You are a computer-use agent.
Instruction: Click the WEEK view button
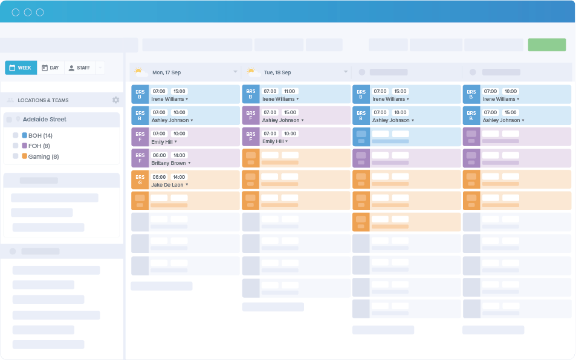[x=21, y=68]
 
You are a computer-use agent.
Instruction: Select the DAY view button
[x=50, y=68]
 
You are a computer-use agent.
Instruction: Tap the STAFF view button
[x=79, y=68]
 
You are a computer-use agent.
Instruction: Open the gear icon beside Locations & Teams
[x=115, y=100]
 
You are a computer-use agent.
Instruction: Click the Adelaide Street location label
[x=44, y=120]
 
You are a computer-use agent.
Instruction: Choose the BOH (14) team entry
[x=40, y=135]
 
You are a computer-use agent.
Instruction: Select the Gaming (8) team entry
[x=43, y=156]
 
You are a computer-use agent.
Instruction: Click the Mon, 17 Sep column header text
[x=166, y=72]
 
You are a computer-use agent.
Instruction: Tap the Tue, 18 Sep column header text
[x=277, y=72]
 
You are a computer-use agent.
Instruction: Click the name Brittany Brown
[x=169, y=163]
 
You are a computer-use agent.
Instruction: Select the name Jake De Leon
[x=167, y=185]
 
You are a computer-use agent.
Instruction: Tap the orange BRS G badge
[x=140, y=180]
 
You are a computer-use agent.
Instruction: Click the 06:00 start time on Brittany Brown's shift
[x=159, y=155]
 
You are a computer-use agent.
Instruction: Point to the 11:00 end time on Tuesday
[x=290, y=91]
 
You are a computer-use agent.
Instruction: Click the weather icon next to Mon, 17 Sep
[x=140, y=72]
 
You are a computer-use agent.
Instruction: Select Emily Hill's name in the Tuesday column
[x=273, y=141]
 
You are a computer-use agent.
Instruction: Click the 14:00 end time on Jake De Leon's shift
[x=179, y=177]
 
